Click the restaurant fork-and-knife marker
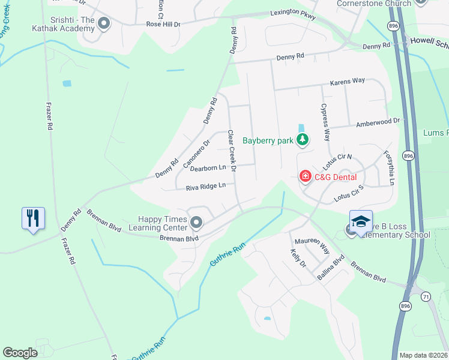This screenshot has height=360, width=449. [33, 218]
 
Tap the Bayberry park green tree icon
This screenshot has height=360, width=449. [303, 140]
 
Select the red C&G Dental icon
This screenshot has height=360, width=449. [306, 176]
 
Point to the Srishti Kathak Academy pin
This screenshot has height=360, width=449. [104, 24]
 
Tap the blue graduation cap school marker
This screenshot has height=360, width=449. [361, 221]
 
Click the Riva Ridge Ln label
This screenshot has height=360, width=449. [205, 186]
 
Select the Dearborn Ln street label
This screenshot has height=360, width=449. [208, 168]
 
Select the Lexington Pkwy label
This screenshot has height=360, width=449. [292, 12]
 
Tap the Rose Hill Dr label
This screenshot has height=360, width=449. [163, 24]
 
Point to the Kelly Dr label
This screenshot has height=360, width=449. [298, 259]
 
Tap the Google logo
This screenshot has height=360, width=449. [20, 352]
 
